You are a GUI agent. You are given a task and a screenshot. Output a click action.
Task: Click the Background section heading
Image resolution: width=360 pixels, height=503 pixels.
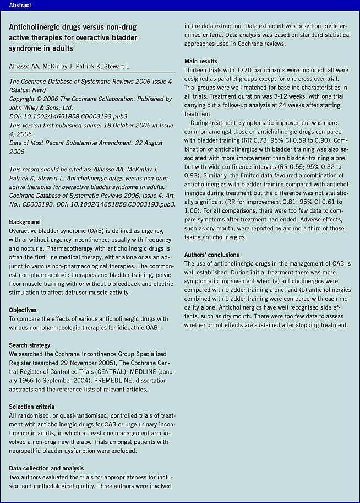click(x=25, y=222)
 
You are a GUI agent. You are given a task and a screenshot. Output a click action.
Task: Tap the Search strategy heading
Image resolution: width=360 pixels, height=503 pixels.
click(x=31, y=345)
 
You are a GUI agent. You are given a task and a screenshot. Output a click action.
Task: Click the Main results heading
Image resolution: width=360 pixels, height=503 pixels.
click(x=200, y=61)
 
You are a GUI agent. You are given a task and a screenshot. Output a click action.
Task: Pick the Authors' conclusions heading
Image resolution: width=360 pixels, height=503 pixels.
click(x=212, y=255)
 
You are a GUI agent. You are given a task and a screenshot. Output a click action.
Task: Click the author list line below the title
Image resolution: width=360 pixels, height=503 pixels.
click(x=69, y=66)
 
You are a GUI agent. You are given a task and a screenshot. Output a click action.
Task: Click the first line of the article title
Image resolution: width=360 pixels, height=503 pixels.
click(x=73, y=27)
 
